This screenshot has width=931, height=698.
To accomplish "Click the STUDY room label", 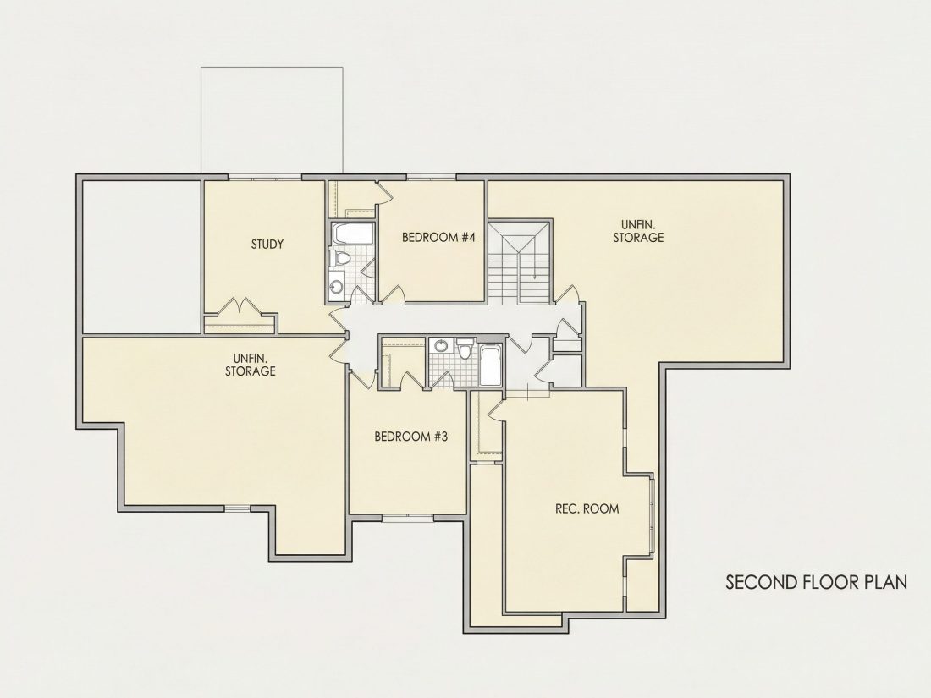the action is pyautogui.click(x=267, y=244).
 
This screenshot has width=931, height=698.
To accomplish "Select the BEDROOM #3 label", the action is pyautogui.click(x=410, y=437).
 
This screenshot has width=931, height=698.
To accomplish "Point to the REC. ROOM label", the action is pyautogui.click(x=587, y=508).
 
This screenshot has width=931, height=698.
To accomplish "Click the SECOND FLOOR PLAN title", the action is pyautogui.click(x=817, y=582).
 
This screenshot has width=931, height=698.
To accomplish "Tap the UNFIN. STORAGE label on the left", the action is pyautogui.click(x=250, y=365).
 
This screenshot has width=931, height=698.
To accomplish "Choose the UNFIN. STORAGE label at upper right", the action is pyautogui.click(x=638, y=231).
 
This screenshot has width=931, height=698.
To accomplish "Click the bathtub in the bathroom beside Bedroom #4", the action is pyautogui.click(x=352, y=234).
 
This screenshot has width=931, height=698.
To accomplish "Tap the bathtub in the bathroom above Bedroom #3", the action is pyautogui.click(x=490, y=365).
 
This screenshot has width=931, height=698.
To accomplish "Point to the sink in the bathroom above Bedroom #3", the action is pyautogui.click(x=441, y=345).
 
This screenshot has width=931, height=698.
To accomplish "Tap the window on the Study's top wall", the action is pyautogui.click(x=265, y=177).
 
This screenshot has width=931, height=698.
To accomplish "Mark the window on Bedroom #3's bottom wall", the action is pyautogui.click(x=408, y=518).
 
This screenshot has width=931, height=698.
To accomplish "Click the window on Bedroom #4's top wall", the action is pyautogui.click(x=431, y=177).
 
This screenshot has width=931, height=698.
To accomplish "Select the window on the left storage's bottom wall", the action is pyautogui.click(x=238, y=508).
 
